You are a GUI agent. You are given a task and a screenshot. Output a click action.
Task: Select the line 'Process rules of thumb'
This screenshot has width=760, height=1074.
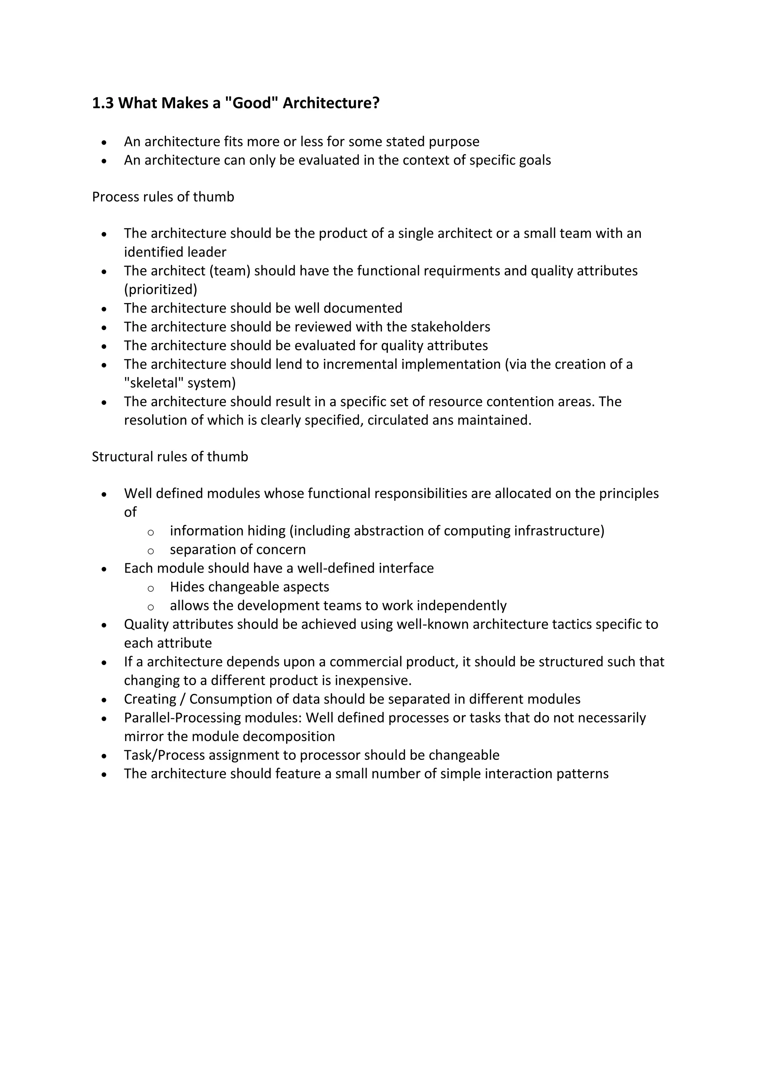click(163, 197)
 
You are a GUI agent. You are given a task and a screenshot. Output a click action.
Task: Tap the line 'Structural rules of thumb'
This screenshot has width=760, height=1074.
click(170, 457)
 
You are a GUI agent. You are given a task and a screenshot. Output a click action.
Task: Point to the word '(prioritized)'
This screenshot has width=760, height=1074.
click(161, 290)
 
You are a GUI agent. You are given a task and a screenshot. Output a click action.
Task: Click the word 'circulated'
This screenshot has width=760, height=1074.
click(398, 420)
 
